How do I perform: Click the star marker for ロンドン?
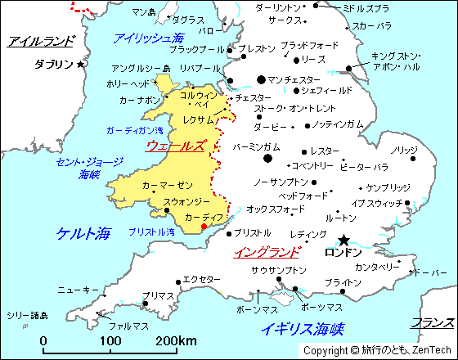pos(343,240)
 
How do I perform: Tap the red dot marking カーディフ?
pos(204,226)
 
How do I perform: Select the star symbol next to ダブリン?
pos(80,64)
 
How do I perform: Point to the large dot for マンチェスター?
pos(261,79)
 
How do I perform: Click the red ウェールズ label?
pos(175,146)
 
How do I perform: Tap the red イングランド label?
pos(267,252)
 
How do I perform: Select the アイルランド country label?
pos(39,41)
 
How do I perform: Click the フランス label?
pos(433,322)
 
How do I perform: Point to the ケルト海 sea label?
pos(83,233)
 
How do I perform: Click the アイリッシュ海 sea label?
pos(148,38)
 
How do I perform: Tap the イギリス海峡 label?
pos(302,329)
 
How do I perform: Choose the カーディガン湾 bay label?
pos(134,131)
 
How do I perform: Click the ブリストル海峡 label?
pos(151,232)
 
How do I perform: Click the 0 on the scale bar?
pos(43,340)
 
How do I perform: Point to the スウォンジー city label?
pos(186,201)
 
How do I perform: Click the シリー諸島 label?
pos(27,315)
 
